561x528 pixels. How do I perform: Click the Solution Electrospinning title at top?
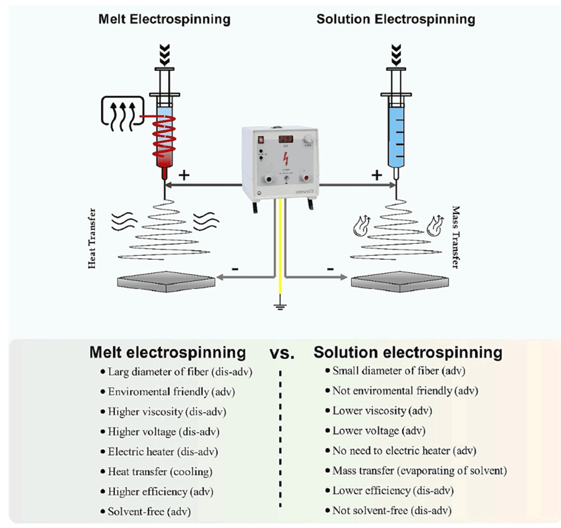(395, 19)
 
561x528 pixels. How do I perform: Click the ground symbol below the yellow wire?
(280, 307)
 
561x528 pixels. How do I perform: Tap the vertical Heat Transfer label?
(92, 238)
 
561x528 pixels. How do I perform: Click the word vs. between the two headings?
(281, 354)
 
